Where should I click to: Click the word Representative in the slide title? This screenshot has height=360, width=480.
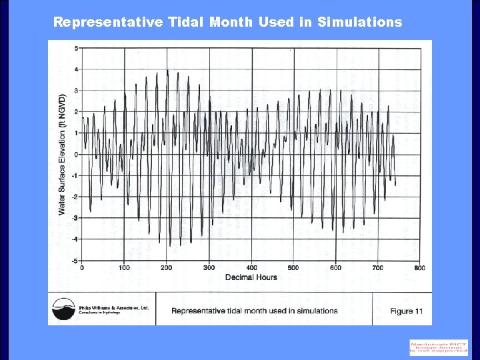107,22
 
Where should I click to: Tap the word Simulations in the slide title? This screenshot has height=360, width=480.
359,22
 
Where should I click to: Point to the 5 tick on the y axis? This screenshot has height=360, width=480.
76,48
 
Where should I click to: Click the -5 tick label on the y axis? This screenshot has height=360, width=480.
75,261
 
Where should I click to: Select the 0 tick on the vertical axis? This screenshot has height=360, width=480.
76,154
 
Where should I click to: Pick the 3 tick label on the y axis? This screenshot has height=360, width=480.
76,91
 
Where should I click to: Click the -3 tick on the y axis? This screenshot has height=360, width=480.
75,218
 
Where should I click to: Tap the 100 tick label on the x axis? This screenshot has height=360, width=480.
124,268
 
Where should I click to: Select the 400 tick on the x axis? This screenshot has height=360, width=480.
251,268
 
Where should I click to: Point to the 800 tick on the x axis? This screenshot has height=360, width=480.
419,268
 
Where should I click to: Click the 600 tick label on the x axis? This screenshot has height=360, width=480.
335,268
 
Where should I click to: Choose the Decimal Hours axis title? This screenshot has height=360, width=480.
251,277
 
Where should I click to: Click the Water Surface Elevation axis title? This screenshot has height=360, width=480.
62,154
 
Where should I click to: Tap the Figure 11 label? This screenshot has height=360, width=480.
407,311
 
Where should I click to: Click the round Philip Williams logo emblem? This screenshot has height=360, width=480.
65,310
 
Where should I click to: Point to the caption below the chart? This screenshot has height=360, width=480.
254,311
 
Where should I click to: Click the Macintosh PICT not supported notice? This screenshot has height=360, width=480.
439,347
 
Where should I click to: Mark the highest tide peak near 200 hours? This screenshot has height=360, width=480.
167,70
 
